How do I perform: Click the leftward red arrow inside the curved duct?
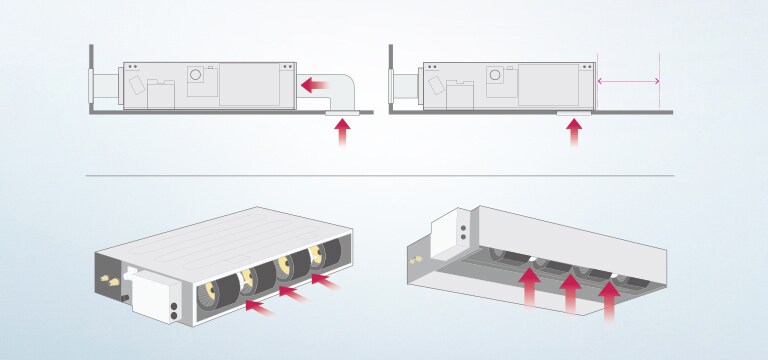(317, 86)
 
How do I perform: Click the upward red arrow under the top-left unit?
(342, 133)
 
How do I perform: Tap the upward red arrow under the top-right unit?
(574, 133)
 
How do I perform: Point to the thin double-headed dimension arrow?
(628, 81)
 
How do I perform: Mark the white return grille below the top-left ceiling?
(342, 115)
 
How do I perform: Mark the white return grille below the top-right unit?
(574, 115)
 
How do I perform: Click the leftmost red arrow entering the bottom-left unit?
(258, 306)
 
